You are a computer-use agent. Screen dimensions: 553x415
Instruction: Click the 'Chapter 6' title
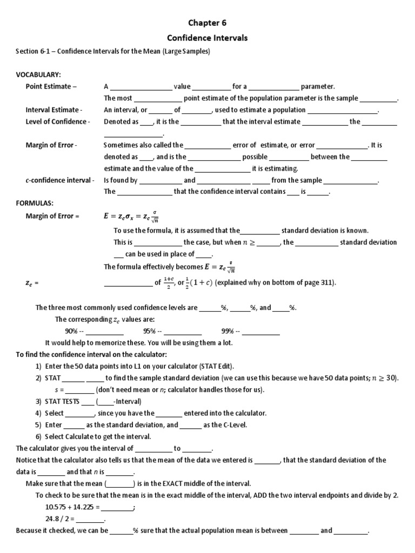click(x=207, y=23)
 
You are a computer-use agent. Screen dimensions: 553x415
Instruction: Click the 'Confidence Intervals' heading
click(x=207, y=38)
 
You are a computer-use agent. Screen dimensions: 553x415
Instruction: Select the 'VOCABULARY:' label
click(x=38, y=74)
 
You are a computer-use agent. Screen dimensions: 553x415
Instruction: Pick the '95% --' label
click(x=152, y=331)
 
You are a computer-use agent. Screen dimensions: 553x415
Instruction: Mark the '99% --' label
click(x=231, y=331)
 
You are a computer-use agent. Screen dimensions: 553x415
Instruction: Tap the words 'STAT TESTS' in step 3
click(x=62, y=401)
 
